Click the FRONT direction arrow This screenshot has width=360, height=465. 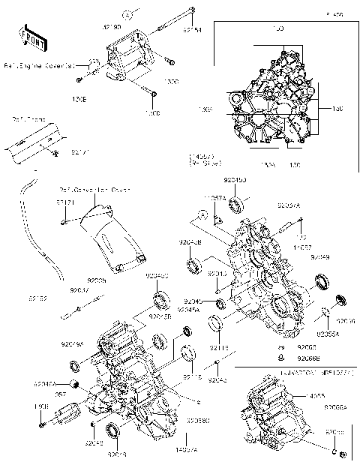(28, 35)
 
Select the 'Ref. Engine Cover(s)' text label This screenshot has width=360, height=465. (39, 65)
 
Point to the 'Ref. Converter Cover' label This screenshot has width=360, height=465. (90, 190)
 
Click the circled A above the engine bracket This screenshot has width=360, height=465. (128, 14)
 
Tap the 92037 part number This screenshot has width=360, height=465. (79, 288)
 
